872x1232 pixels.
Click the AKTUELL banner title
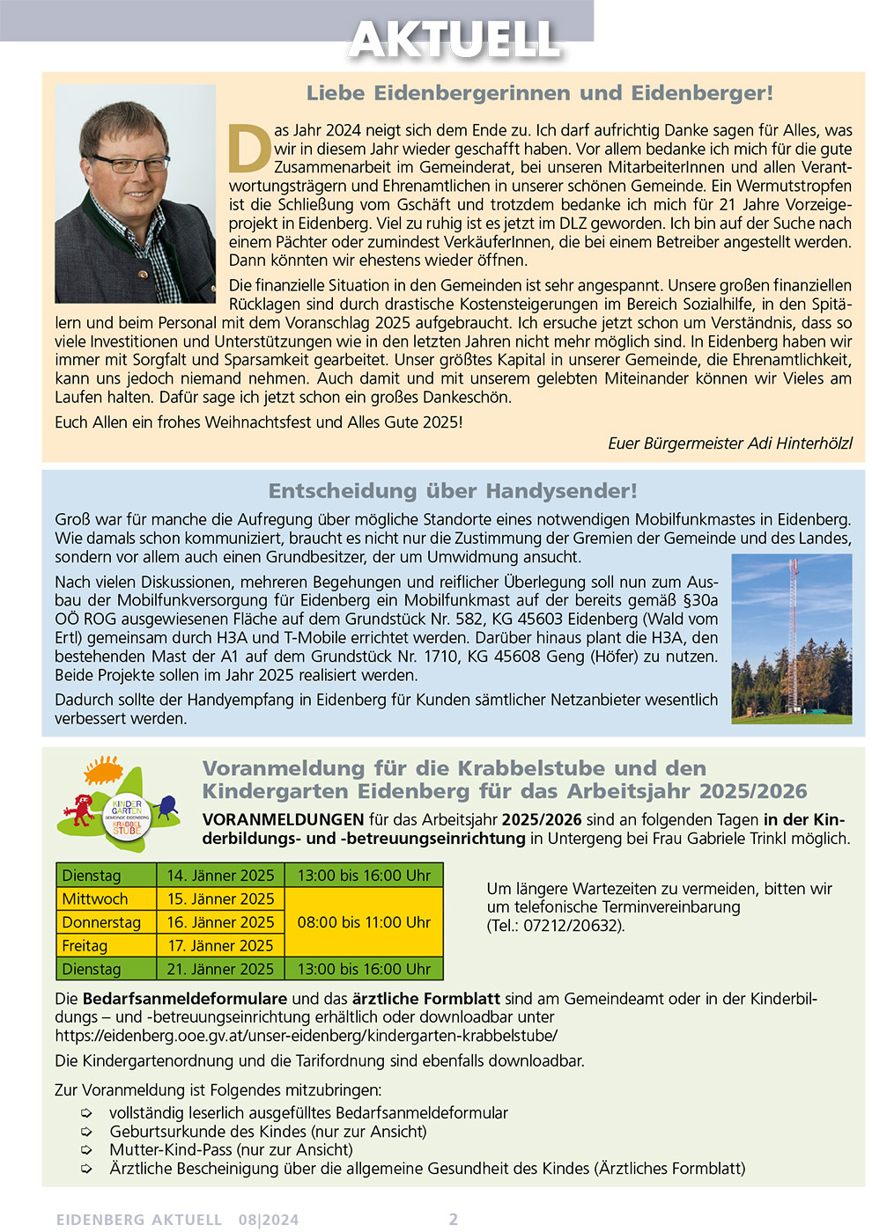[454, 40]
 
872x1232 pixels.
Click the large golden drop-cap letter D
[249, 149]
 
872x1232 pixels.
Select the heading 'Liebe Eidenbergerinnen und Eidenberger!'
[539, 93]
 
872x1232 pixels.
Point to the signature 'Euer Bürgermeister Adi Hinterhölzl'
[729, 444]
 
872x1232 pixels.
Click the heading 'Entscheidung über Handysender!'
[453, 491]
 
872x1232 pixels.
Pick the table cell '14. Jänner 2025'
[220, 876]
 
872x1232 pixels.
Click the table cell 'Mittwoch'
[95, 898]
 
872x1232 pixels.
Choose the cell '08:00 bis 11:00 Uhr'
[364, 922]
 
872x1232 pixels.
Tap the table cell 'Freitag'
[85, 946]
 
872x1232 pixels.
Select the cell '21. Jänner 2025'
[220, 969]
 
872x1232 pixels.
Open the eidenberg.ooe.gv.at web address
[306, 1036]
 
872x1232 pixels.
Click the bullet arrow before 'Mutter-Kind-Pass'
[86, 1150]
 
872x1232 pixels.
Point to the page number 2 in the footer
[454, 1219]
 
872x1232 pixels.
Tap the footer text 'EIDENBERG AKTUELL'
[139, 1220]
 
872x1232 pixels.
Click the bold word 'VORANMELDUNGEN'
[283, 819]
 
